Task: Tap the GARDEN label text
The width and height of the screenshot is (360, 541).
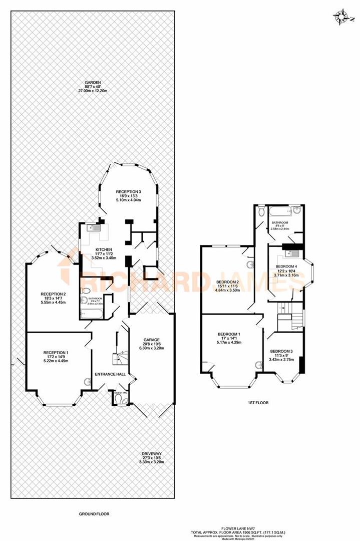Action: coord(93,83)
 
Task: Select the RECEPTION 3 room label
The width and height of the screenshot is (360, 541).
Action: coord(128,192)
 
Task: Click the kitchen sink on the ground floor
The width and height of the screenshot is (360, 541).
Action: coord(93,228)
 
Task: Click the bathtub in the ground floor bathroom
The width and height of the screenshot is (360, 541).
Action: coord(93,315)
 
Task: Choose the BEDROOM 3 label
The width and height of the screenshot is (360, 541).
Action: coord(282,351)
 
